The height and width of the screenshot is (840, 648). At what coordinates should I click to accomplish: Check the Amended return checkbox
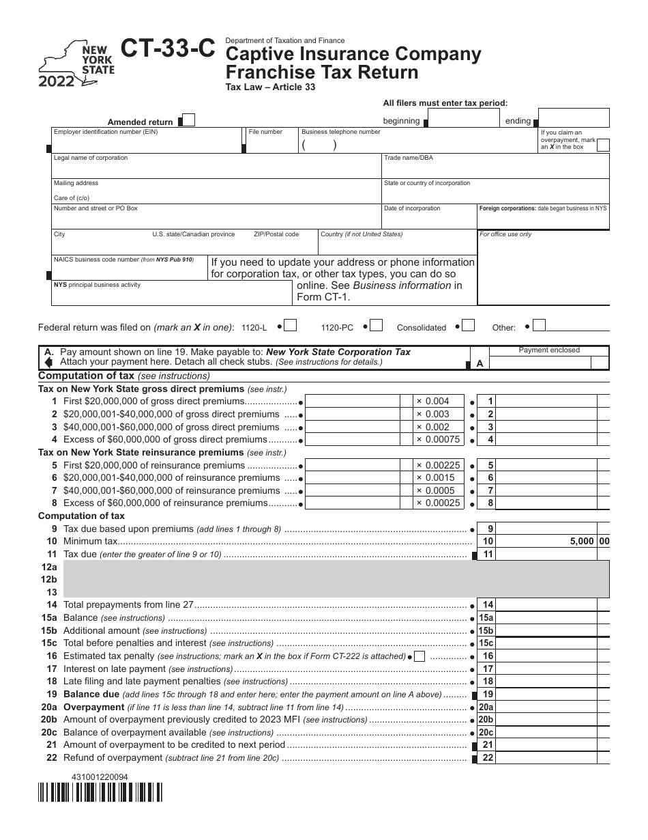tap(189, 121)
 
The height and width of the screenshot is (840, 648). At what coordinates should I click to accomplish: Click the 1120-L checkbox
tap(291, 325)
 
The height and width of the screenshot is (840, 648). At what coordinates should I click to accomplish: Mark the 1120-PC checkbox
tap(377, 325)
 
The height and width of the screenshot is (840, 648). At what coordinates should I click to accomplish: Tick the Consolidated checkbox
tap(468, 325)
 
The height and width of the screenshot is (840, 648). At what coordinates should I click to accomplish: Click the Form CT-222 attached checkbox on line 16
tap(419, 656)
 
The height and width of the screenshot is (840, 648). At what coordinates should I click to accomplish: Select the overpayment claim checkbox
tap(603, 144)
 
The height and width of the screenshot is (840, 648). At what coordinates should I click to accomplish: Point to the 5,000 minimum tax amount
tap(581, 542)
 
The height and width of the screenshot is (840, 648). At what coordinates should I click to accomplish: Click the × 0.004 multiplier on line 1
tap(433, 402)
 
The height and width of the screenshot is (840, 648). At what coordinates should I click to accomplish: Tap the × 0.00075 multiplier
tap(438, 440)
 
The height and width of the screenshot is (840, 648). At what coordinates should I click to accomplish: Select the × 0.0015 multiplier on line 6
tap(435, 478)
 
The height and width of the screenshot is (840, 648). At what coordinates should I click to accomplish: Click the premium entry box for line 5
tap(358, 466)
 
